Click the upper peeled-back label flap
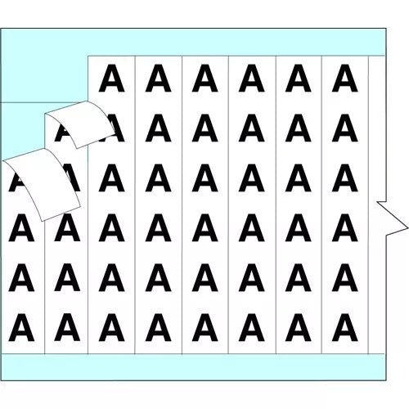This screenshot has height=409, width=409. pyautogui.click(x=79, y=124)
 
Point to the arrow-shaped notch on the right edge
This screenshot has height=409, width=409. pyautogui.click(x=393, y=218)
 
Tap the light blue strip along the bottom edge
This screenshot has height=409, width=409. pyautogui.click(x=193, y=366)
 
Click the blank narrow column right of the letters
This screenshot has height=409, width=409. pyautogui.click(x=376, y=204)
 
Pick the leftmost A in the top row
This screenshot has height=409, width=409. pyautogui.click(x=111, y=78)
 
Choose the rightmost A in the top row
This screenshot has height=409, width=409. pyautogui.click(x=344, y=78)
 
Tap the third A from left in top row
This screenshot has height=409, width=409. pyautogui.click(x=204, y=78)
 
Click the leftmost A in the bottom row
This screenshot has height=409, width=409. pyautogui.click(x=21, y=327)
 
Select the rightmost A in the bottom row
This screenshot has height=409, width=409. pyautogui.click(x=344, y=327)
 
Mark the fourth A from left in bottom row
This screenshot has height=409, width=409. pyautogui.click(x=158, y=327)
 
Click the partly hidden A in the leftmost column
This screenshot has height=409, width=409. pyautogui.click(x=16, y=182)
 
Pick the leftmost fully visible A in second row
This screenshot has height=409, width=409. pyautogui.click(x=158, y=128)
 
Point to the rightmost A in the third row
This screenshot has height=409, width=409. pyautogui.click(x=344, y=178)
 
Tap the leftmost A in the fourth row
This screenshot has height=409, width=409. pyautogui.click(x=21, y=228)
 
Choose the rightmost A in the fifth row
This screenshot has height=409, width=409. pyautogui.click(x=344, y=277)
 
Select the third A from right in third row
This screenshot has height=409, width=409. pyautogui.click(x=251, y=178)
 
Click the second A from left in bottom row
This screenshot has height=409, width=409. pyautogui.click(x=67, y=327)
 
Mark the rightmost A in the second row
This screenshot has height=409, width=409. pyautogui.click(x=344, y=128)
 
